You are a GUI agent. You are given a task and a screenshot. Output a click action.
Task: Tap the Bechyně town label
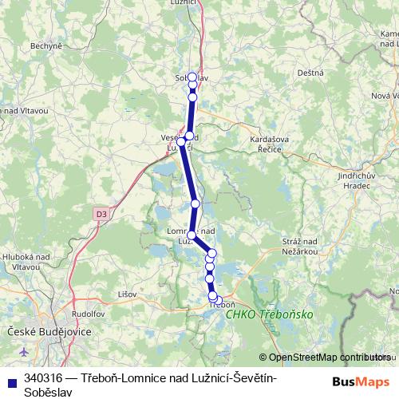click(45, 46)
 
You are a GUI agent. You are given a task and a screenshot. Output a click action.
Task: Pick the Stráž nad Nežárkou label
click(300, 246)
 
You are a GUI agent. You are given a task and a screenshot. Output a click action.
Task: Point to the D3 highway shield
click(101, 214)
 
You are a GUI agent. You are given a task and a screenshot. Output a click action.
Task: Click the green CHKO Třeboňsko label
click(269, 314)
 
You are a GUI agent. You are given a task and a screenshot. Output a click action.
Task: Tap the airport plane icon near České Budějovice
click(21, 351)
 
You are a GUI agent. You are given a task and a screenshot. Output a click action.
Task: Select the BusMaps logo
click(361, 381)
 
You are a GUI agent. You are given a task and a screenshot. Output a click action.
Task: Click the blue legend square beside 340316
click(10, 378)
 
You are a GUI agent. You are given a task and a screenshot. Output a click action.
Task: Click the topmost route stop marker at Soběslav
click(192, 77)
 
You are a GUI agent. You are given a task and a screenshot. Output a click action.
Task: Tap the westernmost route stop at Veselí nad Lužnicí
click(182, 142)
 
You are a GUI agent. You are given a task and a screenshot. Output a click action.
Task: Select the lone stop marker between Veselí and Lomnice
click(195, 203)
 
